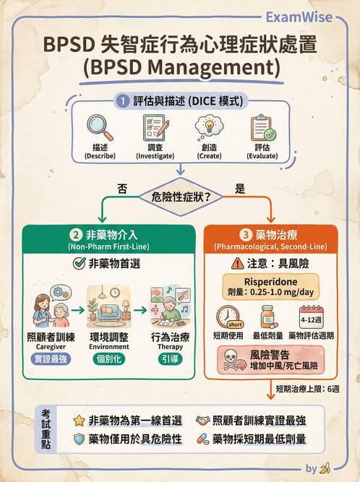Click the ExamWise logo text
299,17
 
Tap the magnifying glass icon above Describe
100,127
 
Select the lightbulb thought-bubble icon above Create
209,126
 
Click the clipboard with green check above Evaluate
263,128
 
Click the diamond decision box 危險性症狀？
181,197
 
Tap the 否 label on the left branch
122,189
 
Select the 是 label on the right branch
240,189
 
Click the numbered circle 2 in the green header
76,235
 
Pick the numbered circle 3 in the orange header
245,235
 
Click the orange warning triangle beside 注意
237,264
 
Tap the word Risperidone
270,282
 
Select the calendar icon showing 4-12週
311,317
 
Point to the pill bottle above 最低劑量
268,317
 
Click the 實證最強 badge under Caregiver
51,359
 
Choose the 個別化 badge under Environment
109,359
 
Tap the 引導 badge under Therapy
170,359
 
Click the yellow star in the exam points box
79,421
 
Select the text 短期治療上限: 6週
307,389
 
